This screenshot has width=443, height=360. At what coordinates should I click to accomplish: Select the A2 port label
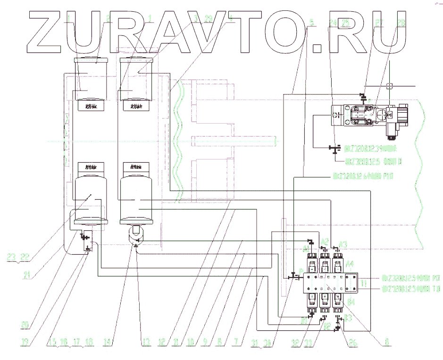324,242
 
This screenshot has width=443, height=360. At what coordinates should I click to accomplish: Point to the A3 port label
343,244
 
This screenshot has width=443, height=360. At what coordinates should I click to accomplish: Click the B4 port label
351,301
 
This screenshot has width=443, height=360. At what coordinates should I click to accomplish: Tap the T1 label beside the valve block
363,284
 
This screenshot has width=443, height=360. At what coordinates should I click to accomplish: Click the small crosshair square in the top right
389,86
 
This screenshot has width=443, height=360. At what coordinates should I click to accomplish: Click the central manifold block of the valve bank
326,282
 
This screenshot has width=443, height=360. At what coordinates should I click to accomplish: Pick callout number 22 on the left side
25,257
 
